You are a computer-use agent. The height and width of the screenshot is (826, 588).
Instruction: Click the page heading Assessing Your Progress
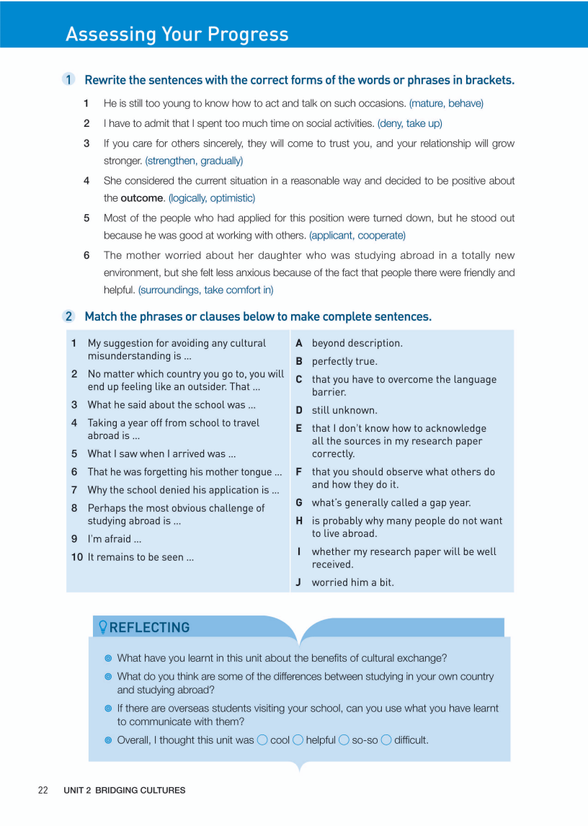tap(177, 34)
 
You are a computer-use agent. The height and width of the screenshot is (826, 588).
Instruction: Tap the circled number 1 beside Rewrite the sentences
tap(69, 80)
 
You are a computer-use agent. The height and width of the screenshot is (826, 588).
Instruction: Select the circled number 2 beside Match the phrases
tap(69, 316)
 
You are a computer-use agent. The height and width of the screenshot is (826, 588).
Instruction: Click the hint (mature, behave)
tap(446, 103)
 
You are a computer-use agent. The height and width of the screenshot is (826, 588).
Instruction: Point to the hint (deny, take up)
tap(409, 123)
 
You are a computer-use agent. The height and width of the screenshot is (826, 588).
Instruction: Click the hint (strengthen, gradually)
tap(194, 161)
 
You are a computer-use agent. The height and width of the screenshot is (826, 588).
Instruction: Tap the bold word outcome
tap(141, 198)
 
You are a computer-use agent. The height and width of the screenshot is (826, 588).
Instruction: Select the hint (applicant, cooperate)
tap(357, 236)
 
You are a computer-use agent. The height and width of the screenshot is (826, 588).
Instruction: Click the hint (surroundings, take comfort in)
tap(205, 290)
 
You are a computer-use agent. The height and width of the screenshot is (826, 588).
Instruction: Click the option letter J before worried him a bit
tap(298, 582)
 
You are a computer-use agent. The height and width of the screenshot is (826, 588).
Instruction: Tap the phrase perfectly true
tap(344, 361)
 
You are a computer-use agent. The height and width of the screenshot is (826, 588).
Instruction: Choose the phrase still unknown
tap(344, 410)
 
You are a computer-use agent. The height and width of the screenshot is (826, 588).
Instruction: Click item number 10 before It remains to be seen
tap(76, 557)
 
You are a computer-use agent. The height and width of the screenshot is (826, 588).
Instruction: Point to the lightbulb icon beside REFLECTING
tap(102, 627)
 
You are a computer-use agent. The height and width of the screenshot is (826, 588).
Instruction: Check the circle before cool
tap(262, 740)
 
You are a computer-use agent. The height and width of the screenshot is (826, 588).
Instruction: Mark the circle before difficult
tap(386, 740)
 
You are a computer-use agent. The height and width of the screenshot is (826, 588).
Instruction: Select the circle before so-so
tap(344, 740)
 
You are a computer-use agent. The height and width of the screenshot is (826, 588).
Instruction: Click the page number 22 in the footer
tap(43, 790)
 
